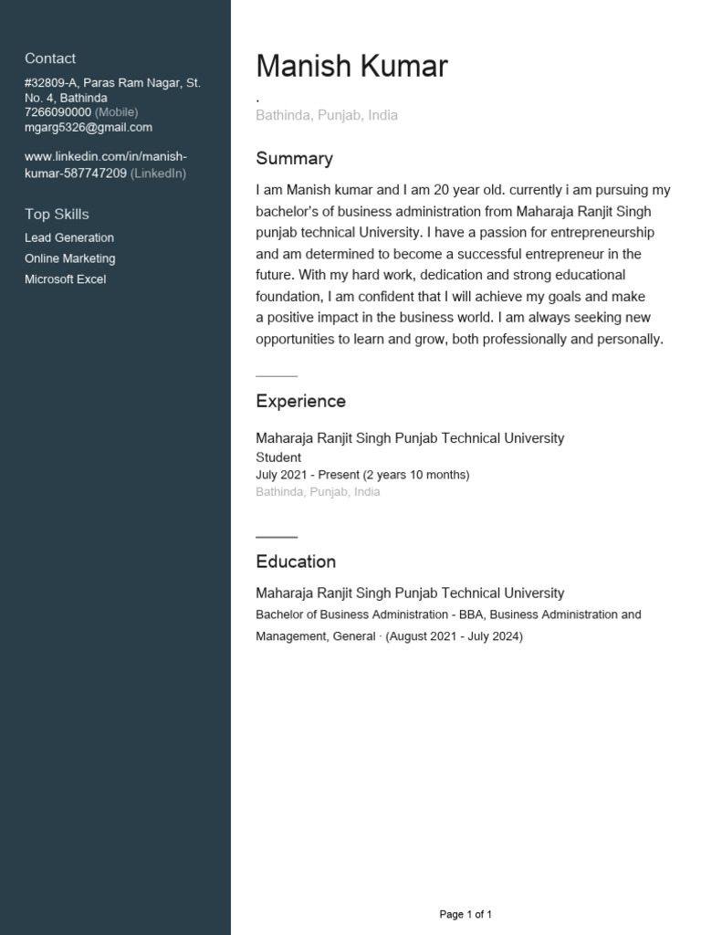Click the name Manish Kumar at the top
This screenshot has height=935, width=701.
pyautogui.click(x=351, y=67)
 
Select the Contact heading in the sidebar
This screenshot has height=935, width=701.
pyautogui.click(x=50, y=58)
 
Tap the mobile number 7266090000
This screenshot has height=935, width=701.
pyautogui.click(x=58, y=112)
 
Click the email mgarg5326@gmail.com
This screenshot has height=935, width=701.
pyautogui.click(x=89, y=128)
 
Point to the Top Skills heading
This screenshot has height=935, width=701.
pyautogui.click(x=57, y=215)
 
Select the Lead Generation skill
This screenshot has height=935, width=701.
pyautogui.click(x=69, y=237)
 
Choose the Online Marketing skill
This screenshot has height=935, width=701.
pyautogui.click(x=69, y=258)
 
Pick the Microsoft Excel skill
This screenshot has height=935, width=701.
pyautogui.click(x=65, y=279)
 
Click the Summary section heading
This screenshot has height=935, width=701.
pyautogui.click(x=294, y=159)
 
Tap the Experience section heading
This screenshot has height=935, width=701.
pyautogui.click(x=300, y=402)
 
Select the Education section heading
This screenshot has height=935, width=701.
pyautogui.click(x=296, y=562)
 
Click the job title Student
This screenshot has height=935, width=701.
pyautogui.click(x=278, y=457)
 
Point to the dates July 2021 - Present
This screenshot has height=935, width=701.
pyautogui.click(x=308, y=475)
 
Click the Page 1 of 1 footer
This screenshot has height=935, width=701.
pyautogui.click(x=466, y=914)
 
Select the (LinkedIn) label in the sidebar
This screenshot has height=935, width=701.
pyautogui.click(x=158, y=173)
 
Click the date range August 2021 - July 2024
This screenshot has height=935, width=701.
pyautogui.click(x=455, y=636)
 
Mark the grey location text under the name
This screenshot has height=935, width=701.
pyautogui.click(x=327, y=116)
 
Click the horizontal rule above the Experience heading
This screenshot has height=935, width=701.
pyautogui.click(x=277, y=376)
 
